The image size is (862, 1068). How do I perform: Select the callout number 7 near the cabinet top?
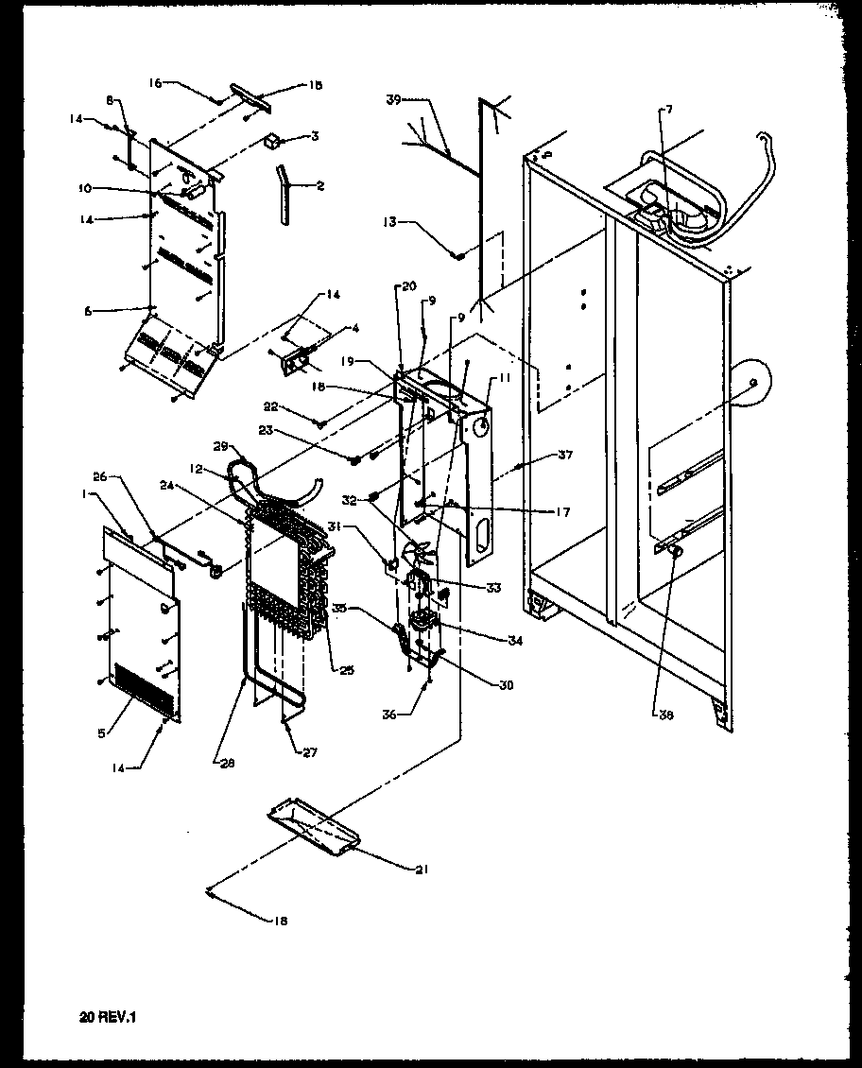coord(668,110)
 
